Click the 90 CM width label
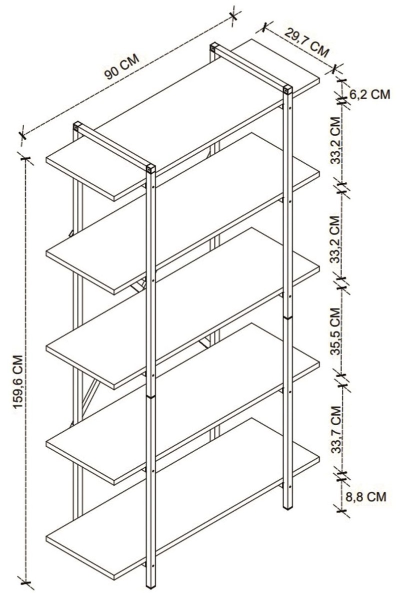tap(122, 67)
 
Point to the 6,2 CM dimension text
tap(369, 94)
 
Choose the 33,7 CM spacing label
tap(336, 430)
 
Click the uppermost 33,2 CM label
tap(335, 140)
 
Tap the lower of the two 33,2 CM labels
tap(335, 239)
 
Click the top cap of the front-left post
tap(150, 169)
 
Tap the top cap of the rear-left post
tap(77, 126)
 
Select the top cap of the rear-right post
tap(214, 48)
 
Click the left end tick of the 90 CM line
tap(23, 134)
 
